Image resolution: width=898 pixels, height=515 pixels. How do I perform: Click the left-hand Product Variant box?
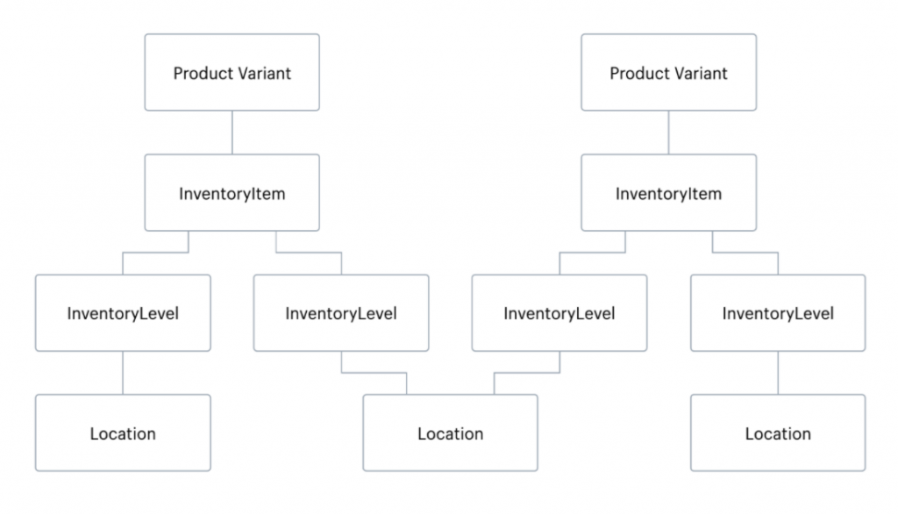tap(232, 73)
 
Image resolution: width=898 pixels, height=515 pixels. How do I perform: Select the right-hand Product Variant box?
tap(668, 73)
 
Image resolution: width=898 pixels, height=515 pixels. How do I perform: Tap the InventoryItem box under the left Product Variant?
tap(232, 193)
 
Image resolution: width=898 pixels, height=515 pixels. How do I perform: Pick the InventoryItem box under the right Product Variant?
tap(668, 193)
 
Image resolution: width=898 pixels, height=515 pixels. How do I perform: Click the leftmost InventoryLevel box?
tap(123, 312)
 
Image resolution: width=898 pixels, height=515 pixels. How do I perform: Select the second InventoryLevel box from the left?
tap(341, 312)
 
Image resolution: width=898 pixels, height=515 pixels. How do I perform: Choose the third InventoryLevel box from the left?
tap(559, 312)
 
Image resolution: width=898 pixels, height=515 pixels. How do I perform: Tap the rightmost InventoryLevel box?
tap(778, 312)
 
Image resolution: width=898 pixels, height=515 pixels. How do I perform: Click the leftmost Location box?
tap(123, 433)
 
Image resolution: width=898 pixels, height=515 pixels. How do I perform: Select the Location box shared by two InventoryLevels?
tap(450, 433)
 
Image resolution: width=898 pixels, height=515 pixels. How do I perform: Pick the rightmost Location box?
tap(778, 433)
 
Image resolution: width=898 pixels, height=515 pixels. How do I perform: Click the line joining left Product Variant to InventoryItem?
tap(232, 132)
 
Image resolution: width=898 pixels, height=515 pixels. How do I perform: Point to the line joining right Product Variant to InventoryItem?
tap(668, 132)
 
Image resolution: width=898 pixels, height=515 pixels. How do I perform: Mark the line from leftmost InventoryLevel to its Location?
tap(123, 373)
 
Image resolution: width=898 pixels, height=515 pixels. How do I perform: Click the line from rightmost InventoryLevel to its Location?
tap(778, 373)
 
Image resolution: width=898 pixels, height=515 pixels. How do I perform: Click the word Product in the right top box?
tap(638, 73)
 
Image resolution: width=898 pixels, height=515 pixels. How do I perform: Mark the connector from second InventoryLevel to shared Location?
tap(373, 373)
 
